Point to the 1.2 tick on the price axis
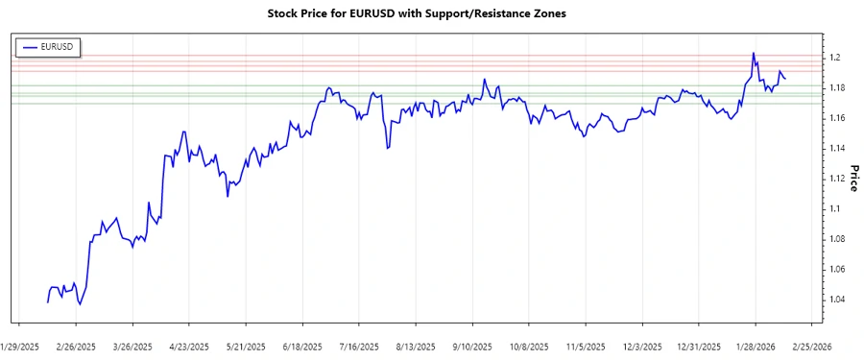point(835,58)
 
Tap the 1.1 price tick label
point(835,208)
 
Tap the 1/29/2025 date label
point(19,346)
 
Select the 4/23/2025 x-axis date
point(189,346)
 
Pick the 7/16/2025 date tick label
point(359,346)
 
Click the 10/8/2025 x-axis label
point(528,346)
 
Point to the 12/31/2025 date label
point(697,346)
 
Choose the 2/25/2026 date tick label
point(810,346)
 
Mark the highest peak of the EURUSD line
point(753,53)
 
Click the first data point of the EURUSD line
point(47,302)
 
